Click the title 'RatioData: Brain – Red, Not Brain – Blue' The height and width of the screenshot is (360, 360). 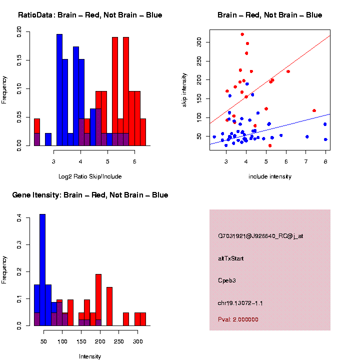(x=90, y=15)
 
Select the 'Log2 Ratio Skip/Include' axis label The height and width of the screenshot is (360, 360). (x=89, y=176)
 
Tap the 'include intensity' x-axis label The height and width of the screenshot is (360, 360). (x=269, y=176)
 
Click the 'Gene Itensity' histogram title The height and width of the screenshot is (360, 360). (x=90, y=195)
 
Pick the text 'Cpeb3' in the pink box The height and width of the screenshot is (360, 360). (x=226, y=280)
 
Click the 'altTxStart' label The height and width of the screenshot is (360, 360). (x=230, y=258)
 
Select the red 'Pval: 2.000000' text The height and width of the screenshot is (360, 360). (x=238, y=319)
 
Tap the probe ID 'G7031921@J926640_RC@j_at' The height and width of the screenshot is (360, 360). (x=260, y=236)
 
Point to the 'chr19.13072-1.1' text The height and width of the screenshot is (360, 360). (x=240, y=302)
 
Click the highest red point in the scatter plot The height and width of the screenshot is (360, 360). (x=242, y=34)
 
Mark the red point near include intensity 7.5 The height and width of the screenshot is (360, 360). (x=314, y=110)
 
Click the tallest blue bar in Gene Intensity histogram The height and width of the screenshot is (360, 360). (x=42, y=270)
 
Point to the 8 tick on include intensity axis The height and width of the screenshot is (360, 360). (x=325, y=161)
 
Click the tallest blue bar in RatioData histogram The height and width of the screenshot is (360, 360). (x=59, y=90)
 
